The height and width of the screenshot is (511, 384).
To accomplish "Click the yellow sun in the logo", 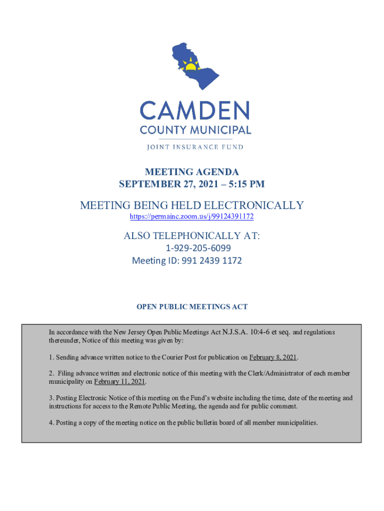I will (190, 65).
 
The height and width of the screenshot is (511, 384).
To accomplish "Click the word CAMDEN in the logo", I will (194, 111).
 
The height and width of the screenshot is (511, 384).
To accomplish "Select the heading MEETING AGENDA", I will (192, 173).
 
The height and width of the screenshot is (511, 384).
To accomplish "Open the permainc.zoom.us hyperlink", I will (192, 217).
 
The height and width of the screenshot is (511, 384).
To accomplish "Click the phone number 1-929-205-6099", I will (198, 248).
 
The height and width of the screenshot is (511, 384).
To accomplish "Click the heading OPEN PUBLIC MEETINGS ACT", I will (192, 307).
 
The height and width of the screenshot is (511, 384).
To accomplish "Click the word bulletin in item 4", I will (214, 423).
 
